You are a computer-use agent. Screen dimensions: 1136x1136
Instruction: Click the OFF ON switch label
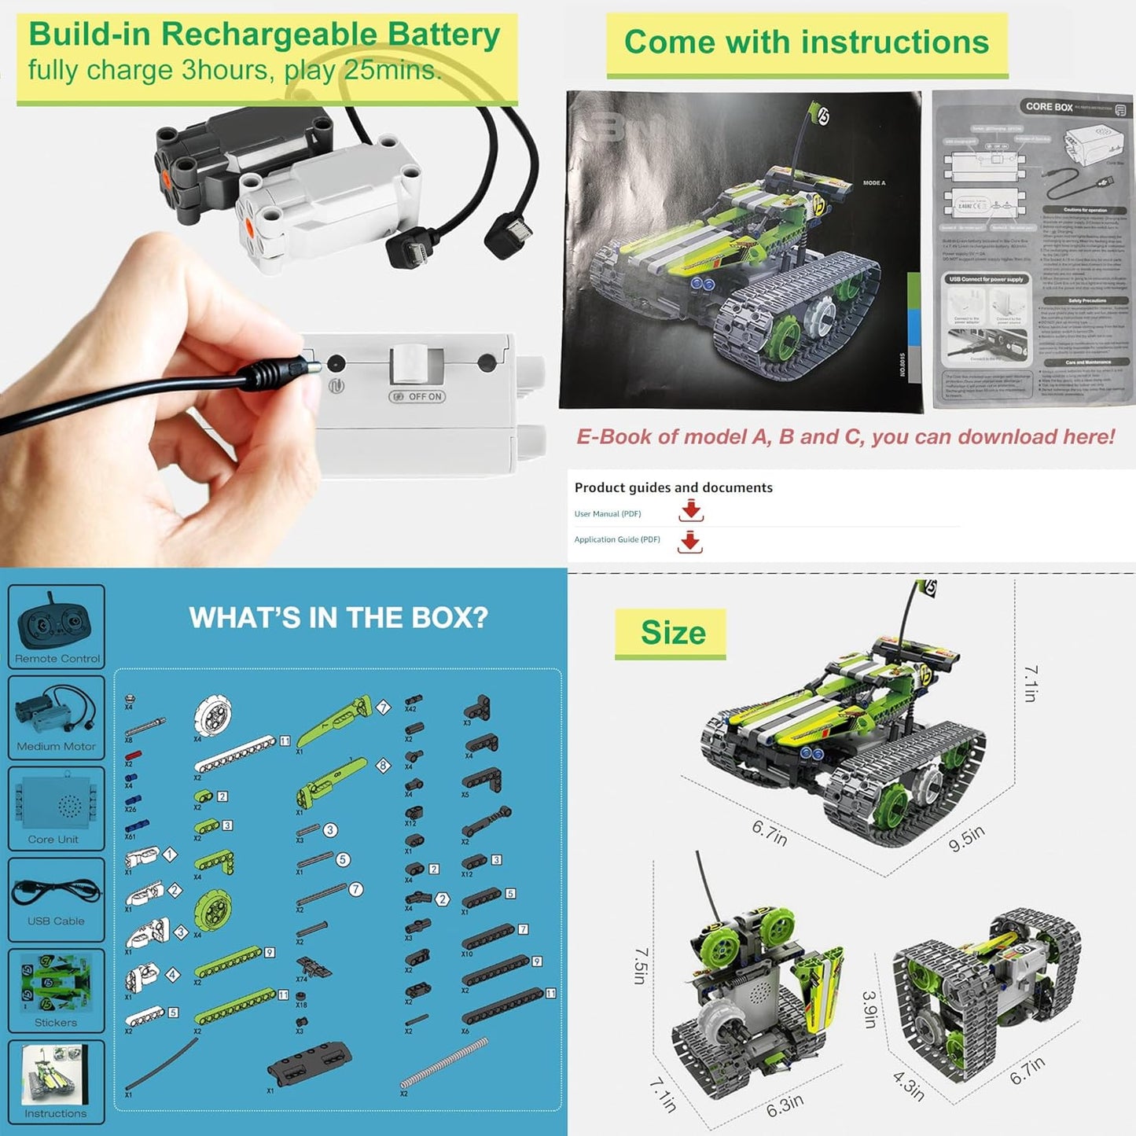click(x=417, y=396)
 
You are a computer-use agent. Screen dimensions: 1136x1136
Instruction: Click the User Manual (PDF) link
click(x=608, y=514)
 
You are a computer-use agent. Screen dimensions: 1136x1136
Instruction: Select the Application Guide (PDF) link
click(x=617, y=539)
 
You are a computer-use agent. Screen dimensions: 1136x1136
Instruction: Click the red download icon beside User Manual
click(x=691, y=511)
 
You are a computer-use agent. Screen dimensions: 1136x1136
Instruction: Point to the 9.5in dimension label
click(x=966, y=839)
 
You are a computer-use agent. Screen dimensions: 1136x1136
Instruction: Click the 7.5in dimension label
click(x=641, y=965)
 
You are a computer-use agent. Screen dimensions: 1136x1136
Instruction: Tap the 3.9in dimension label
click(x=869, y=1009)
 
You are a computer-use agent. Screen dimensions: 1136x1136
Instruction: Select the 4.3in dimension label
click(x=909, y=1086)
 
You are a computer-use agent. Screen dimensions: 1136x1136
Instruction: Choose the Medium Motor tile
click(x=57, y=718)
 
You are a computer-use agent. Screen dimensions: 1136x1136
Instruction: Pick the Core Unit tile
click(x=57, y=809)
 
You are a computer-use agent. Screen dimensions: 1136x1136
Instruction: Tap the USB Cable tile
click(x=57, y=900)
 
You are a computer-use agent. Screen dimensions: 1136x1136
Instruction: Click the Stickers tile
click(x=57, y=991)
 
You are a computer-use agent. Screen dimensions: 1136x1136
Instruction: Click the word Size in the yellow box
click(x=673, y=633)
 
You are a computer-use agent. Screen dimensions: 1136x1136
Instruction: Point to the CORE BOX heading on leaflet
click(x=1049, y=107)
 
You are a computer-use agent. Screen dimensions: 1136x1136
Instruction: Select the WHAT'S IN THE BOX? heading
click(x=338, y=618)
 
